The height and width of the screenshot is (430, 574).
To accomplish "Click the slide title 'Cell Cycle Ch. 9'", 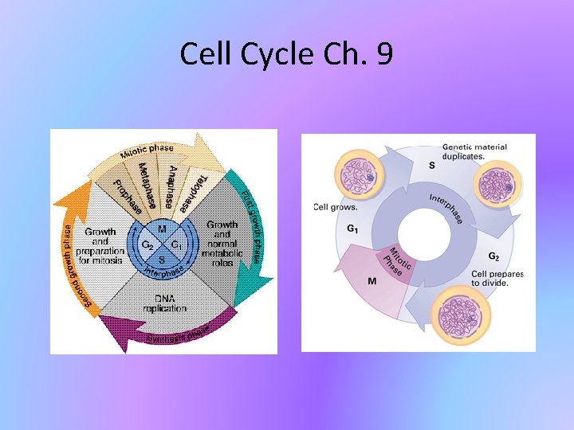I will [286, 54].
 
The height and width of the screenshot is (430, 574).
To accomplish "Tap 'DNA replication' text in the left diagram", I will [164, 303].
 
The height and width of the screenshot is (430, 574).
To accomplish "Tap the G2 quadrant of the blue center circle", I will [147, 244].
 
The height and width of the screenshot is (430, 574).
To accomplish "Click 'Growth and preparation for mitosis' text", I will [100, 245].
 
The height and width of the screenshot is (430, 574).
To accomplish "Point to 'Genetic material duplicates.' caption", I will [474, 152].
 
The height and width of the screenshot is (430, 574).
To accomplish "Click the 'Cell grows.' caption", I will [335, 207].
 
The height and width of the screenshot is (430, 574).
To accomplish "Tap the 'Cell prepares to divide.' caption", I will [497, 279].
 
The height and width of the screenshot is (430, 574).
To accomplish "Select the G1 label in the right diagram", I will [352, 229].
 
